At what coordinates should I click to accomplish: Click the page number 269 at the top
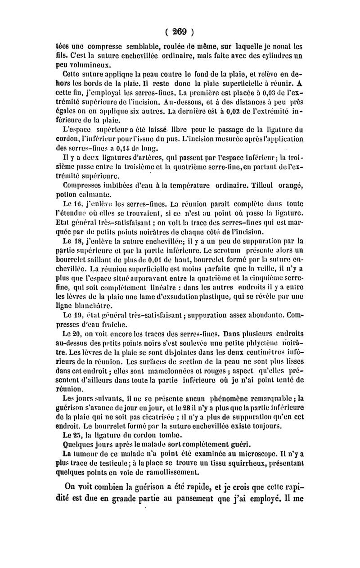180,32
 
